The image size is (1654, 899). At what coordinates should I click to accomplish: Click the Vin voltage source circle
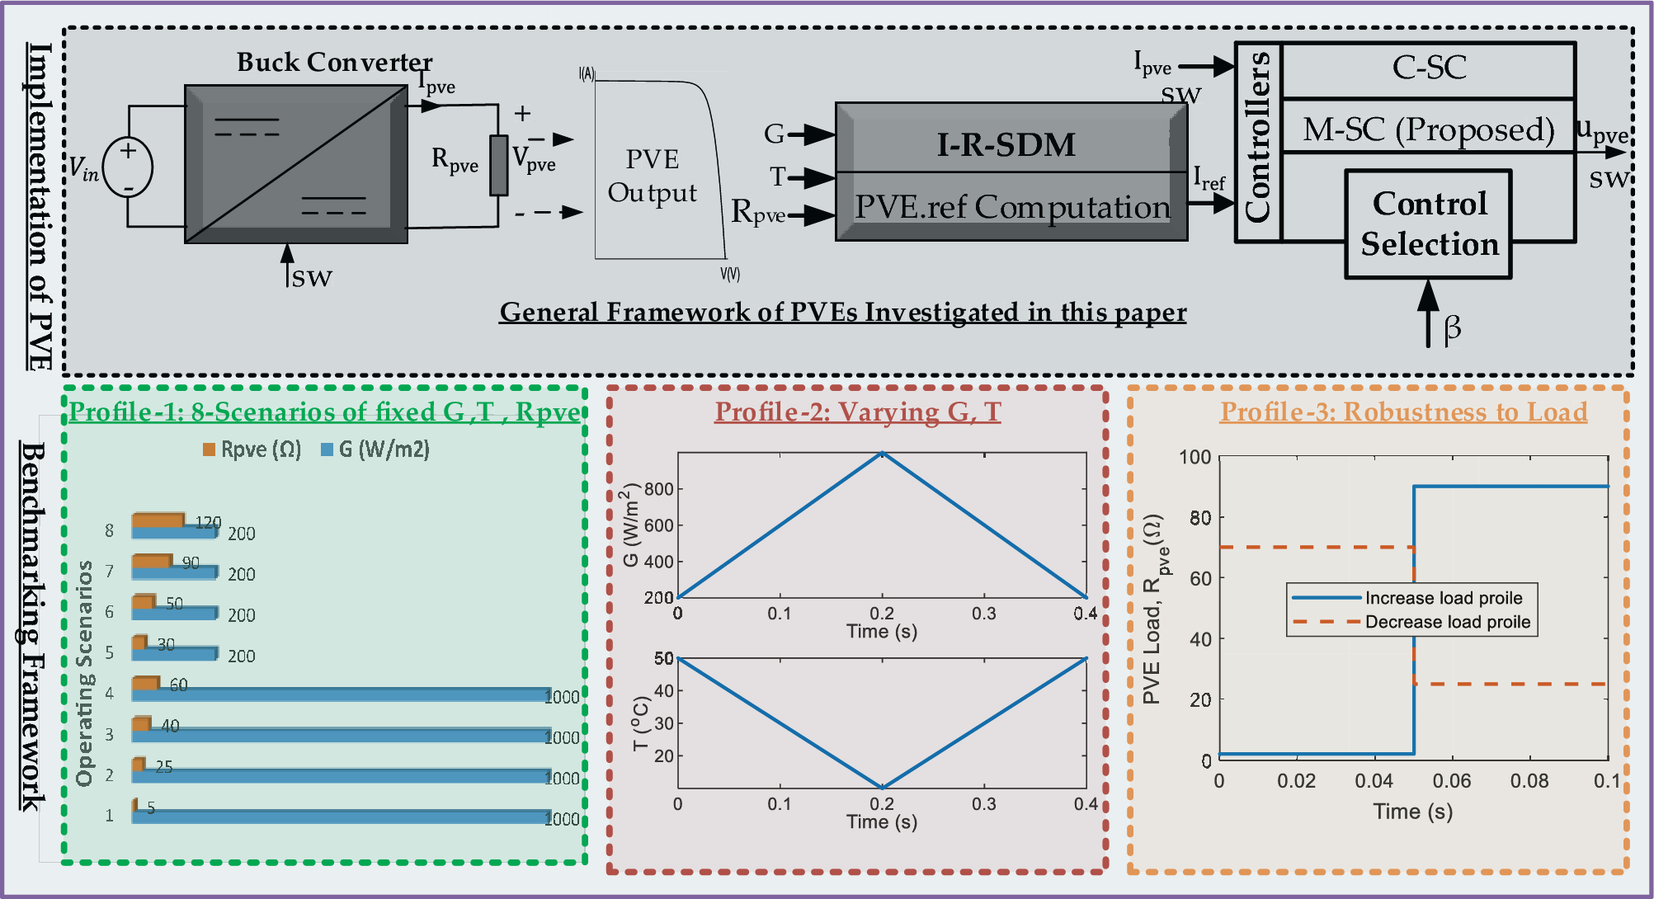click(128, 168)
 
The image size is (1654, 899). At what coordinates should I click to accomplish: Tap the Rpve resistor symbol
click(498, 165)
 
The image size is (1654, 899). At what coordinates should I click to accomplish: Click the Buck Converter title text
click(334, 62)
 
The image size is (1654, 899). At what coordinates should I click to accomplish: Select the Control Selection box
click(1428, 224)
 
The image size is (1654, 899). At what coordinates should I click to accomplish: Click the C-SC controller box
click(1429, 68)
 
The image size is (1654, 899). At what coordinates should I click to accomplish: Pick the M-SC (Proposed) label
click(1428, 129)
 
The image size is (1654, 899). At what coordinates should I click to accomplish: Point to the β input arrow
click(1429, 313)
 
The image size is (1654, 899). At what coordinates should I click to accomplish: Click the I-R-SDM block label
click(1006, 144)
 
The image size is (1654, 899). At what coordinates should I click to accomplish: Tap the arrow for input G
click(817, 134)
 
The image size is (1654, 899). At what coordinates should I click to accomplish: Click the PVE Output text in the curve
click(653, 176)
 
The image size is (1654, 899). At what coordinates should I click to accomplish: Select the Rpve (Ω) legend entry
click(252, 449)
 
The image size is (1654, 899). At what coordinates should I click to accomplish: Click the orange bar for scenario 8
click(158, 520)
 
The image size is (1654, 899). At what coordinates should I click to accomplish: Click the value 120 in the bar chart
click(208, 522)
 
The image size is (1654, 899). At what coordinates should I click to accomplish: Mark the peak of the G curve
click(882, 453)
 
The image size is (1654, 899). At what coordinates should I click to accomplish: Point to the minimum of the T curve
click(882, 788)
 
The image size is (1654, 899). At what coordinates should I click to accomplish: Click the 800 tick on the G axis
click(659, 489)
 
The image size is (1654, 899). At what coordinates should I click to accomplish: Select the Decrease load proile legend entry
click(1413, 622)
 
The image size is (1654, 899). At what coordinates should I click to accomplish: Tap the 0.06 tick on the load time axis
click(1451, 780)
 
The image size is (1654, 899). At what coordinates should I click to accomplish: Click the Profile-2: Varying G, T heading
click(857, 412)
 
